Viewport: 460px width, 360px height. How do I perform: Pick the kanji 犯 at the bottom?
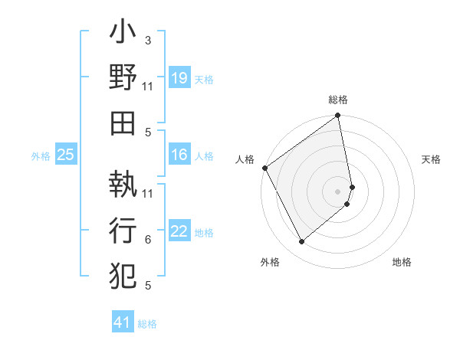tap(123, 273)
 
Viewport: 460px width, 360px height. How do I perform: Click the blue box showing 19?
tap(179, 77)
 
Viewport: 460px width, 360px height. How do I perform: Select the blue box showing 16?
tap(179, 155)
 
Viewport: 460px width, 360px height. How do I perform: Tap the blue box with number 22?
tap(179, 231)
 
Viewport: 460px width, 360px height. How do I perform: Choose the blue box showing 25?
tap(65, 155)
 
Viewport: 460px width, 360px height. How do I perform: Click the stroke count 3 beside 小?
tap(147, 39)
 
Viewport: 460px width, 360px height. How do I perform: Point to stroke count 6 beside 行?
tap(148, 240)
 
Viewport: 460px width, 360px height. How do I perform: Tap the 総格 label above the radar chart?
tap(338, 100)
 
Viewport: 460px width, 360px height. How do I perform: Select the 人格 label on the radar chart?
tap(245, 159)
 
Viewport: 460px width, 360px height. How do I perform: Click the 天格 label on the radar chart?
tap(432, 159)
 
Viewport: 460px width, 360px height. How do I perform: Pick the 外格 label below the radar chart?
tap(270, 262)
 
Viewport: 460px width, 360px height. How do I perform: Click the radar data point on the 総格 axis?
tap(338, 116)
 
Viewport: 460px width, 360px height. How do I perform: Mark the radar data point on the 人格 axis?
tap(264, 168)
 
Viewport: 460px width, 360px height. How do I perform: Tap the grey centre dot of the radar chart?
tap(338, 191)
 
